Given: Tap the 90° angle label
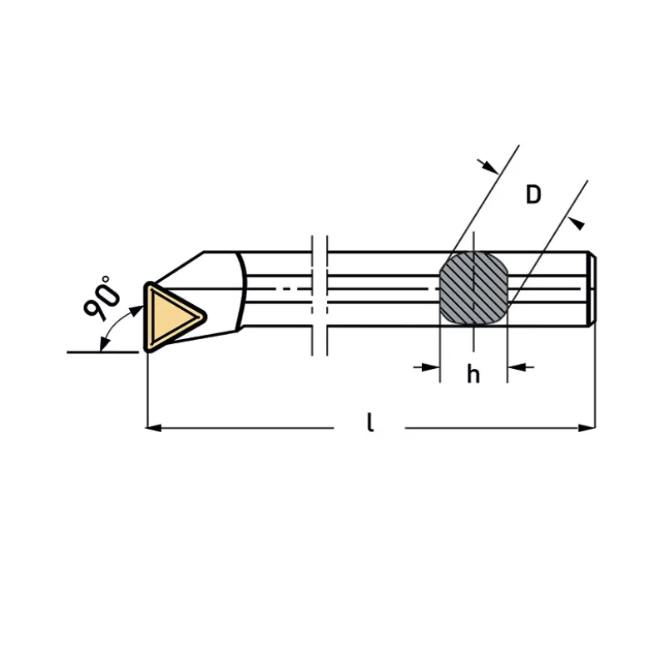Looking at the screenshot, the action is (x=102, y=297).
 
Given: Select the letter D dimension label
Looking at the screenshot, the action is (x=533, y=194).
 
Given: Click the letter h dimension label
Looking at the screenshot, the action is (x=473, y=374).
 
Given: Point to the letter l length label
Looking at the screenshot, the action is (x=370, y=422).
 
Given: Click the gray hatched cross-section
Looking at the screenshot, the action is (x=473, y=288).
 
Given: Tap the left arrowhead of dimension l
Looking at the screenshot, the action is (x=154, y=428).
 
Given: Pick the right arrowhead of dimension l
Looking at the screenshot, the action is (x=587, y=428).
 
